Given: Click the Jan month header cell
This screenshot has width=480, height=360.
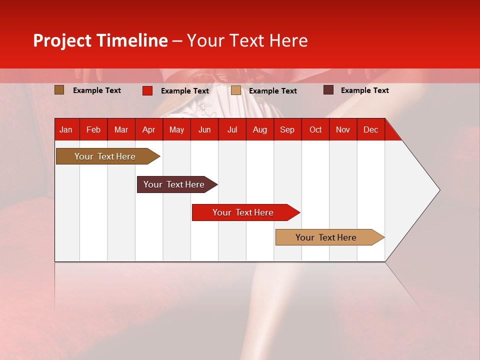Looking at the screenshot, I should click(x=66, y=129).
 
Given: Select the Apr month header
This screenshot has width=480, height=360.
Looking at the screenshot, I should click(x=148, y=129).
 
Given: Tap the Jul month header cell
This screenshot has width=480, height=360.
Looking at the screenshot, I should click(x=232, y=129).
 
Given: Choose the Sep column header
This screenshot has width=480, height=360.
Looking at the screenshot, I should click(x=287, y=129).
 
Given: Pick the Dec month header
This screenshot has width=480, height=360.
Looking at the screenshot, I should click(x=370, y=129).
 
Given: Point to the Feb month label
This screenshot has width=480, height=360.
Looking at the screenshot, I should click(x=93, y=129).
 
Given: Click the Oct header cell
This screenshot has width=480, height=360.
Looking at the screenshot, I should click(x=315, y=129).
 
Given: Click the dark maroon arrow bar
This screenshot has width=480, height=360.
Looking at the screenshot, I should click(x=175, y=184).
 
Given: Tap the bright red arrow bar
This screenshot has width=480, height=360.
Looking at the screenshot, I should click(x=244, y=212).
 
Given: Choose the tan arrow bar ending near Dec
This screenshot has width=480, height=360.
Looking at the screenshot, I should click(x=327, y=237).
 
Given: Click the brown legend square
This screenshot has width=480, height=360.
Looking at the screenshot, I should click(x=59, y=90).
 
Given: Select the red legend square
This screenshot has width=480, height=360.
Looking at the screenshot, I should click(x=147, y=90).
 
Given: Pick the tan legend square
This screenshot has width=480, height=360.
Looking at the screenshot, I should click(x=236, y=90).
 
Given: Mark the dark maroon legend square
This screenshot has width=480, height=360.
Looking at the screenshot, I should click(x=328, y=90).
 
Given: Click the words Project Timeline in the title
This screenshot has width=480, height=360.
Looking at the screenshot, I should click(x=100, y=40).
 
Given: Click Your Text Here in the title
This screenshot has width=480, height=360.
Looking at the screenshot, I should click(x=247, y=40).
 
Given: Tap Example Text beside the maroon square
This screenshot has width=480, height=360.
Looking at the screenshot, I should click(x=364, y=90).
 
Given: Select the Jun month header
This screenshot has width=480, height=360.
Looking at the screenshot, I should click(x=204, y=129).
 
